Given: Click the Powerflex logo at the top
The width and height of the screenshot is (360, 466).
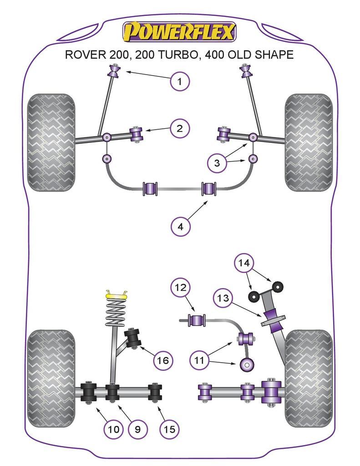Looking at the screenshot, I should [179, 32].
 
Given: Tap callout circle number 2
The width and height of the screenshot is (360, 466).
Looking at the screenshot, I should [179, 129].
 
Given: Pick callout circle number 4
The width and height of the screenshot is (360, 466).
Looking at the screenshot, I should [180, 226].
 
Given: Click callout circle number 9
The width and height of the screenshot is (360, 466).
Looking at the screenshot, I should [137, 428].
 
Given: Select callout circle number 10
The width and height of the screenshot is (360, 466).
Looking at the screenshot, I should [113, 428].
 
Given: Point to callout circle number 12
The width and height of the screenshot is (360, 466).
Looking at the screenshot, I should [180, 288].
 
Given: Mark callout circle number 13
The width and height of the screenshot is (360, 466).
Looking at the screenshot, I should [223, 298].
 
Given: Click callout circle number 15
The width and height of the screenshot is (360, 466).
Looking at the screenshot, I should [169, 428].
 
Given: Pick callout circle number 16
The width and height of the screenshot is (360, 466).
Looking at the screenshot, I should [162, 361].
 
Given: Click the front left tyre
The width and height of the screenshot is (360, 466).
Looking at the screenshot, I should [51, 142].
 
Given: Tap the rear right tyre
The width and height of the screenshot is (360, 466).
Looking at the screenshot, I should [309, 379].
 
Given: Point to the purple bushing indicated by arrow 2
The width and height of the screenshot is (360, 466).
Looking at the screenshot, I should [137, 134].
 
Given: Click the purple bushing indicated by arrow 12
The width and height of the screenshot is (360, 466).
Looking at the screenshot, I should [197, 320].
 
